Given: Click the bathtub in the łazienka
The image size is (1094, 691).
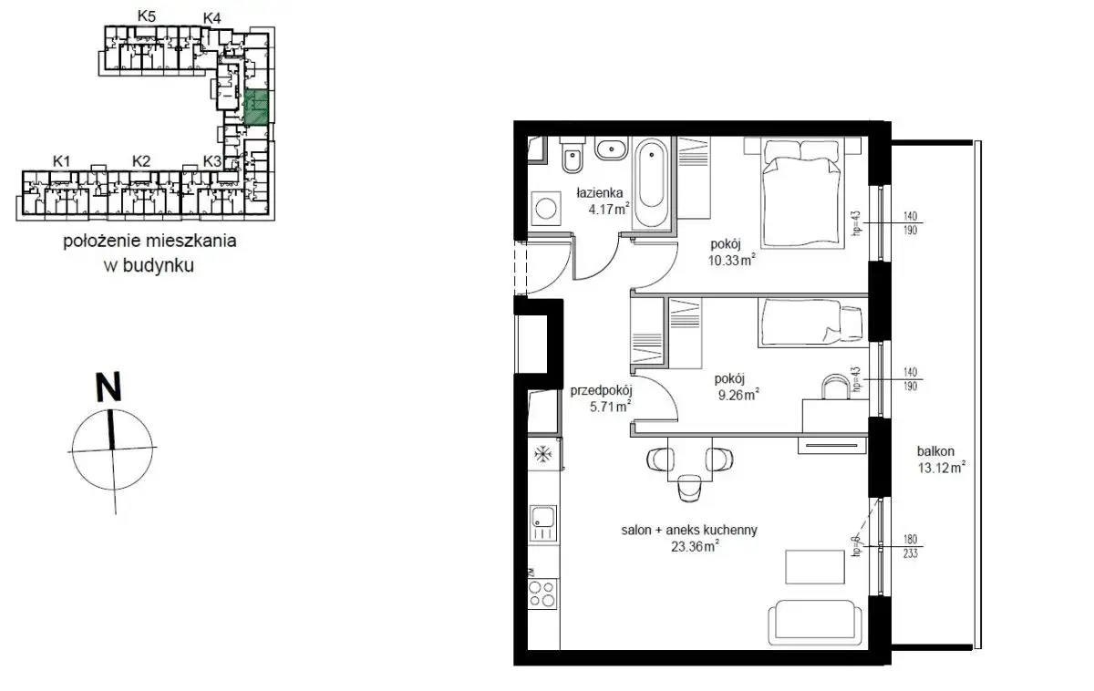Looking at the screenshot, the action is [x=653, y=184].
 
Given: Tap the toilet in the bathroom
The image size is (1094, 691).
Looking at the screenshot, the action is [x=572, y=155].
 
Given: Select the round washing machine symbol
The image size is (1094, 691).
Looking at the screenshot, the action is [x=545, y=208].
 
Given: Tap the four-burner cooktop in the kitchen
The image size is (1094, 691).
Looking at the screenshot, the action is [x=543, y=593].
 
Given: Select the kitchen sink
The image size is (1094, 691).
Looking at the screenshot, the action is [x=543, y=523].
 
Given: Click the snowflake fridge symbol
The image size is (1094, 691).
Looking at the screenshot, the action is [x=542, y=454].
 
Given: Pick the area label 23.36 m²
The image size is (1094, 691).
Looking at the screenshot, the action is [x=695, y=546].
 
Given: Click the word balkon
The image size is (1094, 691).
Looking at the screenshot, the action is [x=935, y=451].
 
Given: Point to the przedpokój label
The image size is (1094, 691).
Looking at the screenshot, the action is [x=601, y=391].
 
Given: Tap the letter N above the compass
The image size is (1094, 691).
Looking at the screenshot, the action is [x=108, y=387].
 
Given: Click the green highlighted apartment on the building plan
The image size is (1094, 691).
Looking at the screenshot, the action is [x=256, y=107].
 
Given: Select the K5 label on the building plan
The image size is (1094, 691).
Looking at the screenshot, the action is [x=147, y=16].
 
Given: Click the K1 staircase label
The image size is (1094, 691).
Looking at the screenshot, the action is [x=62, y=160].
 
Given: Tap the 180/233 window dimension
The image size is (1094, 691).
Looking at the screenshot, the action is [x=911, y=546].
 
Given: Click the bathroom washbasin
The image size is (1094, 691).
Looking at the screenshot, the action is [x=611, y=149].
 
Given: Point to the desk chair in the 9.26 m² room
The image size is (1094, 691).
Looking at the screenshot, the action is [x=836, y=387].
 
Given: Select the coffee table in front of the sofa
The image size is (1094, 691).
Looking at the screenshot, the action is [x=815, y=566].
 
